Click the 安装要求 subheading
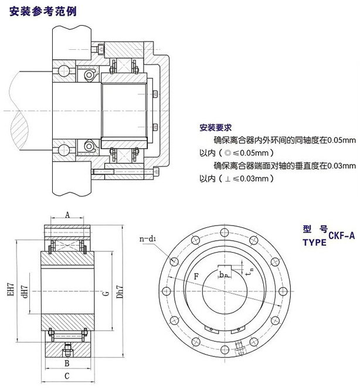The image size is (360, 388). point(217,127)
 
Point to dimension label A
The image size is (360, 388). point(67,215)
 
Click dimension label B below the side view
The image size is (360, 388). point(67,362)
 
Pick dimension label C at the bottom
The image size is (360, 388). point(67,376)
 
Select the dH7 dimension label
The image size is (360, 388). point(25,291)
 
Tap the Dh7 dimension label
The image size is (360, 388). point(120,291)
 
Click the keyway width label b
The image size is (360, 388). point(222,274)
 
